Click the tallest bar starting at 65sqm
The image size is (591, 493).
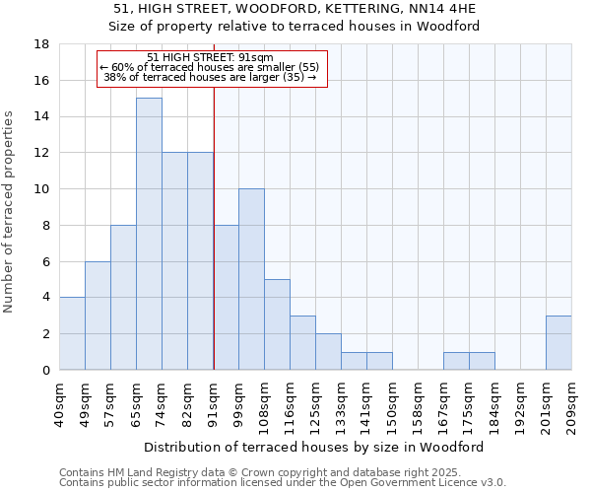point(149,234)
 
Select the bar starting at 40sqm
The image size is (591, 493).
point(72,333)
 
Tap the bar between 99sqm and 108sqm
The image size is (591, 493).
point(251,279)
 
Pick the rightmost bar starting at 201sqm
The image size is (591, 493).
point(558,342)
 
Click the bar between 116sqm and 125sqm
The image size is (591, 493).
point(302,342)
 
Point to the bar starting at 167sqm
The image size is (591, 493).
point(456,361)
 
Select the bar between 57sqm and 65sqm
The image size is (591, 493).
point(123,297)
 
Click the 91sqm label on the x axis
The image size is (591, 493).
point(213,402)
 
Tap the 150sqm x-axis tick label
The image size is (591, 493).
point(392,402)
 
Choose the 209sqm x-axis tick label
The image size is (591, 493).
point(571,402)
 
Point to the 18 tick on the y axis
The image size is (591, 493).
point(41,44)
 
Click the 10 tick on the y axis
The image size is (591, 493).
point(41,189)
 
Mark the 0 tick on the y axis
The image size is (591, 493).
point(45,370)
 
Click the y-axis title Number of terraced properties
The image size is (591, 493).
point(10,212)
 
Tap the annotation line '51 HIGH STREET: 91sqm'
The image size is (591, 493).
point(210,57)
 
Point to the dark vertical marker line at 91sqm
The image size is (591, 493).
point(214,246)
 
